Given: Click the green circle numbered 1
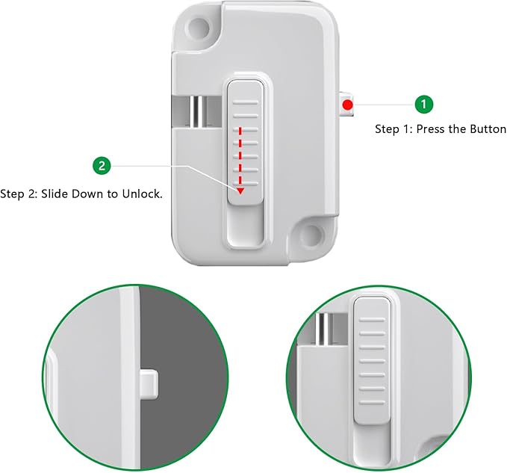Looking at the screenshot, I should point(423,105).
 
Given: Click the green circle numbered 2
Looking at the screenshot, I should point(102,165).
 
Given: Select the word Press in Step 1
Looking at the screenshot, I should point(431,129).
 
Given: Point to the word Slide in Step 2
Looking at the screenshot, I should point(54,194).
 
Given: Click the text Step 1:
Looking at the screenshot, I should point(393,129).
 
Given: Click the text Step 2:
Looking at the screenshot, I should point(18,194).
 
